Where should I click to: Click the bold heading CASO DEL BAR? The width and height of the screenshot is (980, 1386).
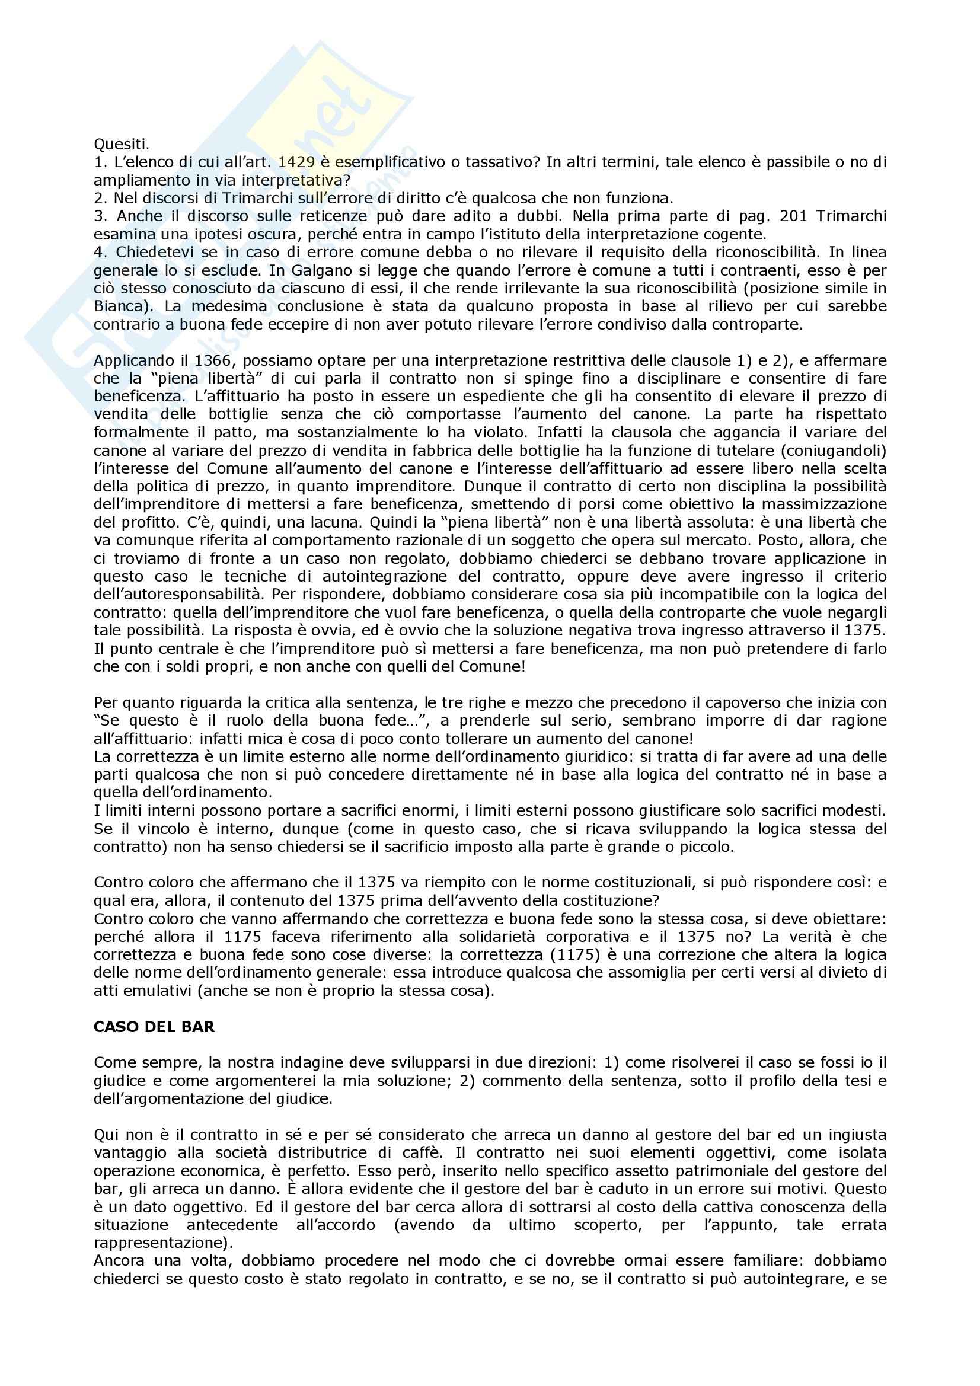pyautogui.click(x=154, y=1027)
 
